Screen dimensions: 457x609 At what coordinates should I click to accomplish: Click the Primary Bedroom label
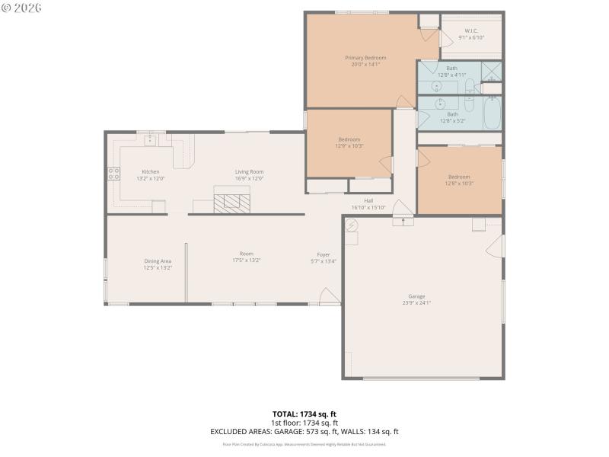coord(365,58)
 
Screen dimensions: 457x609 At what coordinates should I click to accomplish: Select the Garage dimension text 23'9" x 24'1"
coord(416,302)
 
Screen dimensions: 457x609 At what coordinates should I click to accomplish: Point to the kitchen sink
coord(151,139)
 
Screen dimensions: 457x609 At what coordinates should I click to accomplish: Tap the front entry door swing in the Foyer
coord(328,297)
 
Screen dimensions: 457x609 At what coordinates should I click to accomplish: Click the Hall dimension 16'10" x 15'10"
coord(368,207)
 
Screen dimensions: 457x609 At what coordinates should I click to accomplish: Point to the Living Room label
coord(249,172)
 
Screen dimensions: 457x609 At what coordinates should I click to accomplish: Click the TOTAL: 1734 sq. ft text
coord(304,414)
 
